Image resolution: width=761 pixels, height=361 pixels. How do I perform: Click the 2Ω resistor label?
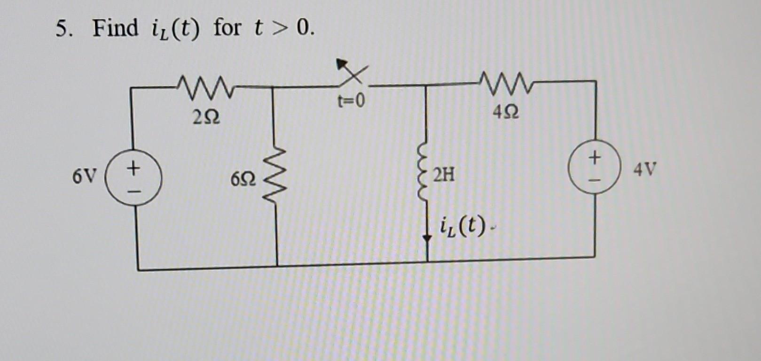click(x=206, y=117)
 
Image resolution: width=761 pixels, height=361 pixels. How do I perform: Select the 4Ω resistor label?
click(x=506, y=112)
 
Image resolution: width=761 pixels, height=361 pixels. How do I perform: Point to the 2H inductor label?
click(x=444, y=175)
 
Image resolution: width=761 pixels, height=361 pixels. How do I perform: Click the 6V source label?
click(x=84, y=177)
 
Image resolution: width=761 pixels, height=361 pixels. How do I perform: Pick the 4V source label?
click(x=644, y=169)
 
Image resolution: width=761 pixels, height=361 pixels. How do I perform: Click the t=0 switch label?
click(x=351, y=100)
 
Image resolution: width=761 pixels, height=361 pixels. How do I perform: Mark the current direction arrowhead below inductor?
click(x=427, y=238)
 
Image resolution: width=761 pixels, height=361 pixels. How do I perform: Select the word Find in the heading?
click(x=115, y=28)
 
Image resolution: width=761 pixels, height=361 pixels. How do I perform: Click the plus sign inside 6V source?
click(x=133, y=167)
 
